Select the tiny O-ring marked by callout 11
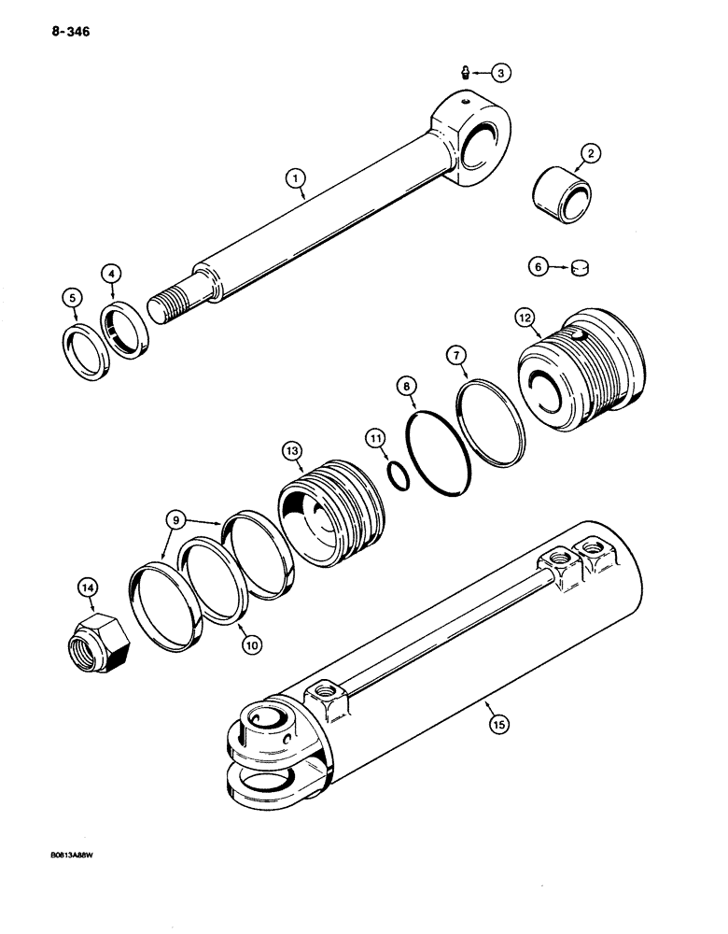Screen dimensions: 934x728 pyautogui.click(x=399, y=475)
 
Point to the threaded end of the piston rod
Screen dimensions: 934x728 pyautogui.click(x=171, y=310)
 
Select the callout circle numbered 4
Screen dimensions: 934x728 pyautogui.click(x=111, y=274)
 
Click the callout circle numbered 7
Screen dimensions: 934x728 pyautogui.click(x=455, y=356)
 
